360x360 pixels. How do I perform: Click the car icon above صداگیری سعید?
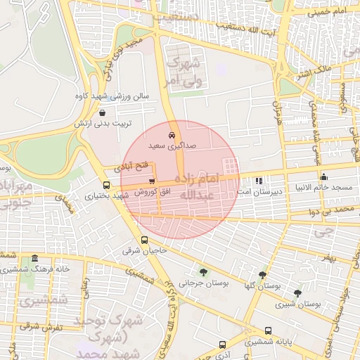pyautogui.click(x=172, y=134)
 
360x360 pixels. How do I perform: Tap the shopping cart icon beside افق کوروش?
pyautogui.click(x=152, y=181)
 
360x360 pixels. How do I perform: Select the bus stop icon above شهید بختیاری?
pyautogui.click(x=106, y=186)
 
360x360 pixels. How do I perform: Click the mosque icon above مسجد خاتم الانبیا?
pyautogui.click(x=323, y=176)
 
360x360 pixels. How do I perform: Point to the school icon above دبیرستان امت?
pyautogui.click(x=258, y=181)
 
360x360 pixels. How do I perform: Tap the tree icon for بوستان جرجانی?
pyautogui.click(x=203, y=272)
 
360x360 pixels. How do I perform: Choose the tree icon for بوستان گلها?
pyautogui.click(x=262, y=275)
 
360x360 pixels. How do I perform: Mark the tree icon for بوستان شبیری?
pyautogui.click(x=297, y=292)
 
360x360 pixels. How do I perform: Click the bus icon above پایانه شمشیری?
pyautogui.click(x=268, y=330)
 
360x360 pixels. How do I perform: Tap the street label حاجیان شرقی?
pyautogui.click(x=144, y=250)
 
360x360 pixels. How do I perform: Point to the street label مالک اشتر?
pyautogui.click(x=310, y=72)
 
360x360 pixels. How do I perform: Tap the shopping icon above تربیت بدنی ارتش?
pyautogui.click(x=103, y=112)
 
